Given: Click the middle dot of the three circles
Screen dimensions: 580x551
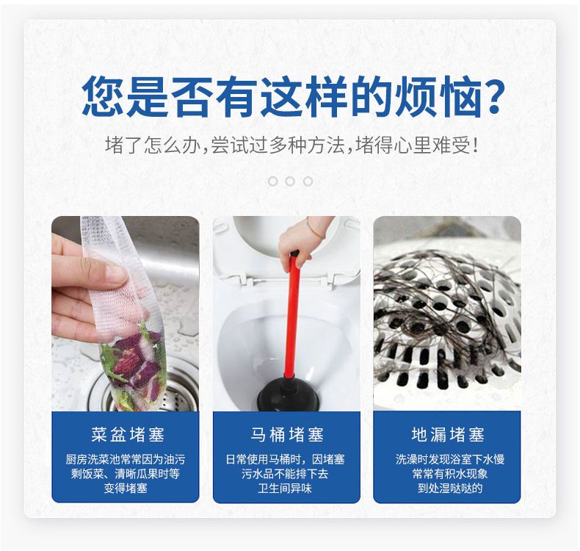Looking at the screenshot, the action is point(290,181).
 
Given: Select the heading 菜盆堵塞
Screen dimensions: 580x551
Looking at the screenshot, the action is point(128,434).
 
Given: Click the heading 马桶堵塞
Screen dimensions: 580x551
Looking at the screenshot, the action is point(286,434).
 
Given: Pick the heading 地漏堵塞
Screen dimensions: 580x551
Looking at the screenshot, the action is point(447,434).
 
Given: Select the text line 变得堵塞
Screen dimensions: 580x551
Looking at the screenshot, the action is point(126,488).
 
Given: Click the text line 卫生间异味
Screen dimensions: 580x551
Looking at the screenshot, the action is point(285,488).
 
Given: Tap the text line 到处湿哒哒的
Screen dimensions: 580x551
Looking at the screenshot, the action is point(450,488).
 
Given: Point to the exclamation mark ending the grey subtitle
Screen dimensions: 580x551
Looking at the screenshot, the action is point(475,145).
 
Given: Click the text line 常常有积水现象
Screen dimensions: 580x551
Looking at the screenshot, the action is point(450,474).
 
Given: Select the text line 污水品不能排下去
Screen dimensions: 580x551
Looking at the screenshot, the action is point(285,474).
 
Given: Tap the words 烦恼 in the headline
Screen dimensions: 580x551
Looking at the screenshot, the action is point(438,96).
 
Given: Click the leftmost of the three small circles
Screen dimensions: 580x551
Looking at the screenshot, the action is point(272,181).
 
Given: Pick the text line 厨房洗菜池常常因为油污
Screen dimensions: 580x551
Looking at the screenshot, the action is point(126,459).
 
